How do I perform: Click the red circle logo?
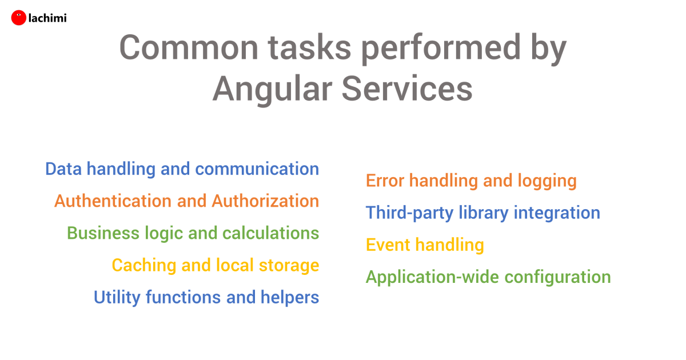pyautogui.click(x=19, y=18)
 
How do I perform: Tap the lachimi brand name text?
pyautogui.click(x=47, y=18)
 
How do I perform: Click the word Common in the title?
pyautogui.click(x=189, y=47)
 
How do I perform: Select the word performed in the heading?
pyautogui.click(x=441, y=50)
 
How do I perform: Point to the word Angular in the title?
pyautogui.click(x=273, y=90)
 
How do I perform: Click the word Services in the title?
pyautogui.click(x=407, y=89)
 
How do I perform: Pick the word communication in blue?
pyautogui.click(x=257, y=169)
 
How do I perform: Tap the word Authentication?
pyautogui.click(x=113, y=201)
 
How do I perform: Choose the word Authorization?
pyautogui.click(x=265, y=201)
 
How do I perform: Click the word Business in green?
pyautogui.click(x=103, y=233)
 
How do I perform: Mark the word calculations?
pyautogui.click(x=271, y=233)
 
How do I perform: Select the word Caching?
pyautogui.click(x=144, y=266)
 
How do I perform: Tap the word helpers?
pyautogui.click(x=290, y=298)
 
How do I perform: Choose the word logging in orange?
pyautogui.click(x=547, y=181)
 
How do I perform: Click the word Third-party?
pyautogui.click(x=409, y=213)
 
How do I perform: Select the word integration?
pyautogui.click(x=557, y=213)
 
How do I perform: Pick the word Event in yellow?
pyautogui.click(x=388, y=245)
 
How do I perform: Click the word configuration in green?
pyautogui.click(x=557, y=278)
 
